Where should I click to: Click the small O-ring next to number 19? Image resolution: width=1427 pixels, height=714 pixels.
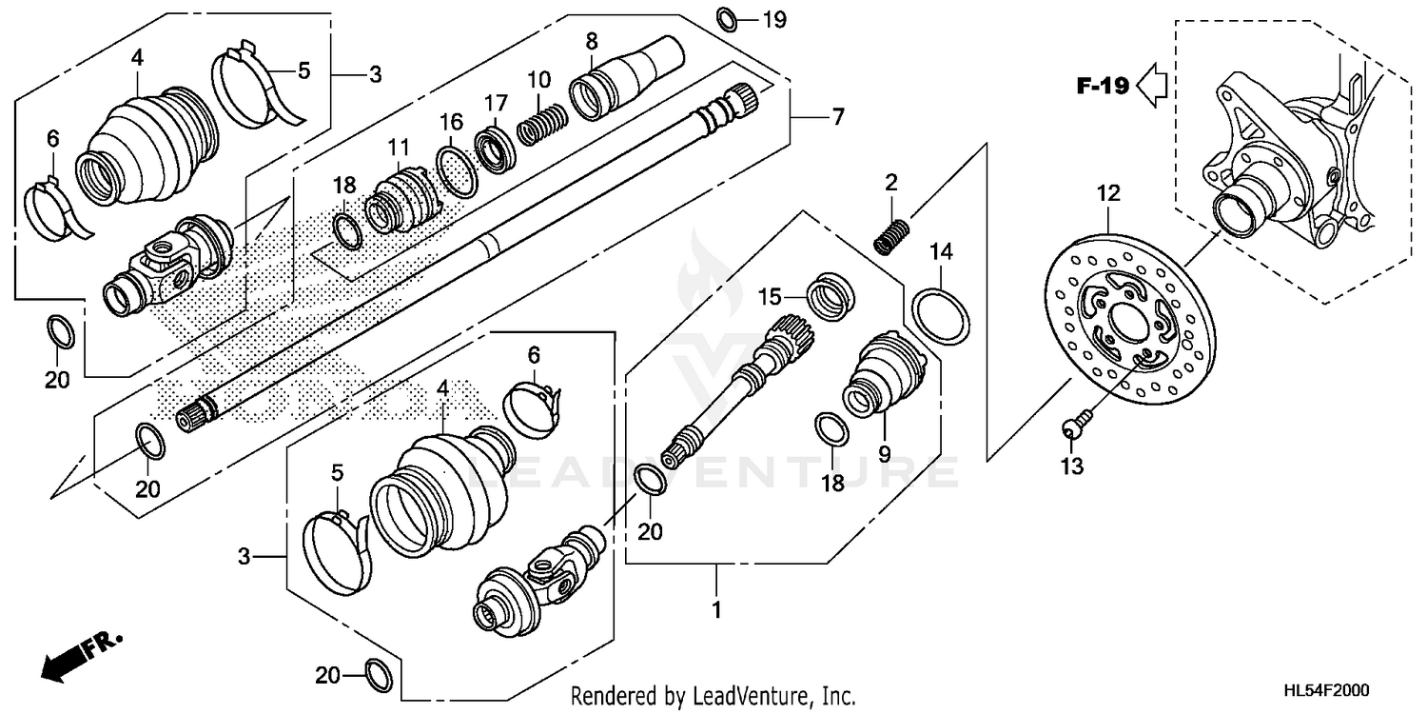[x=726, y=18]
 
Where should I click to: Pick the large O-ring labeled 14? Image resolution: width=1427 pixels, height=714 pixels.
[x=941, y=316]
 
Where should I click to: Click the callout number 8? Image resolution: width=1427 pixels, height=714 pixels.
[x=592, y=42]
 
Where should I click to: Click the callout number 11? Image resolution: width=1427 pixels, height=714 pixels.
[x=398, y=148]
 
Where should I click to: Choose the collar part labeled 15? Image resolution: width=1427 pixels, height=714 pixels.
[x=833, y=295]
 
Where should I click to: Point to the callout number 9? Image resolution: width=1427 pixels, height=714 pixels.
[x=885, y=454]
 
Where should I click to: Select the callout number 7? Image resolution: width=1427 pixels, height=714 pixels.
[x=838, y=118]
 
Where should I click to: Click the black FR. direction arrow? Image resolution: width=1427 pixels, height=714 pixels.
[x=62, y=661]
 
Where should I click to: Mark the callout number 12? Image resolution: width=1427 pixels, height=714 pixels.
[x=1108, y=194]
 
